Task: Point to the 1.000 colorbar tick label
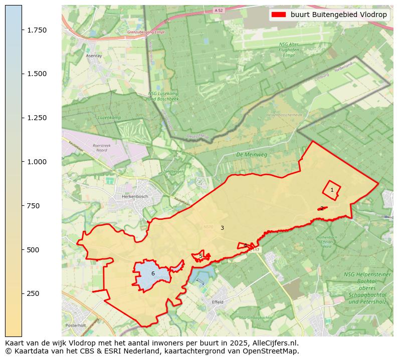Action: point(36,162)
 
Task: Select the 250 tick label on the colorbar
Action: point(33,293)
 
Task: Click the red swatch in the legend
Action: point(278,15)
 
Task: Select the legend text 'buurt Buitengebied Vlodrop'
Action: point(338,15)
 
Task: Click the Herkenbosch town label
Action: point(134,197)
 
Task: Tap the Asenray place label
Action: point(94,56)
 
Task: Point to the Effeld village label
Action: point(218,302)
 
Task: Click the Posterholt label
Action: point(76,325)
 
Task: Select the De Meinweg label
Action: point(252,155)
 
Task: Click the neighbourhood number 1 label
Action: point(332,190)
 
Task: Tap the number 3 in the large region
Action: point(222,228)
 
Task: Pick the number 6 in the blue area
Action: point(153,274)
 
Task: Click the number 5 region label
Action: point(201,256)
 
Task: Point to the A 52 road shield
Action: point(218,10)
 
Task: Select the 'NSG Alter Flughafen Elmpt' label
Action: point(289,50)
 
